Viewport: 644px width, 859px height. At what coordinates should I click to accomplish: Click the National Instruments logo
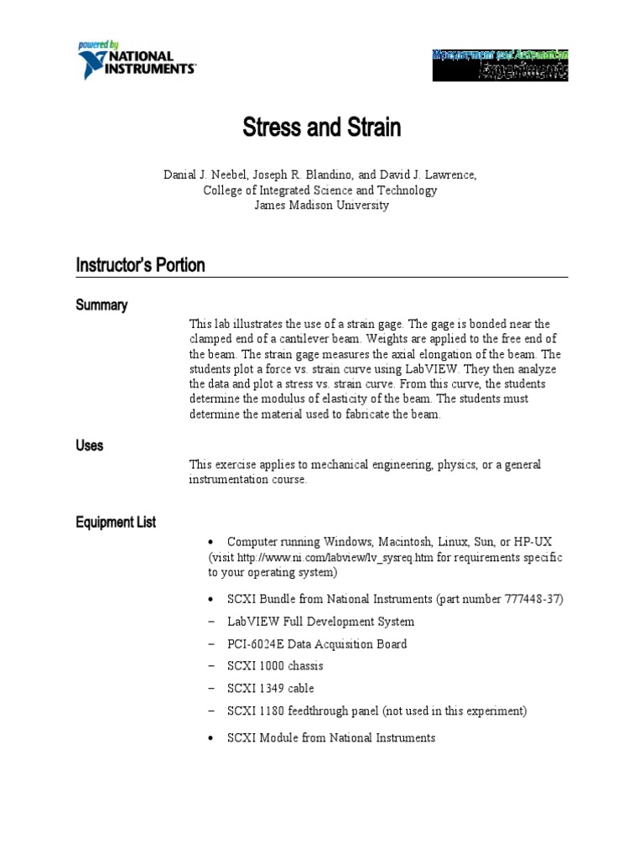point(136,60)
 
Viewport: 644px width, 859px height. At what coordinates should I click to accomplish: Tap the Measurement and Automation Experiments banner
point(500,64)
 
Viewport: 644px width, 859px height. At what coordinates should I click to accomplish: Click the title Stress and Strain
point(322,128)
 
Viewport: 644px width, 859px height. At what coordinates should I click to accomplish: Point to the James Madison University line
point(321,206)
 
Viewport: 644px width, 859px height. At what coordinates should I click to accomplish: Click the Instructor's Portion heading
point(140,266)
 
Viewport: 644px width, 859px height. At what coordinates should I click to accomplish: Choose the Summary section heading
point(101,305)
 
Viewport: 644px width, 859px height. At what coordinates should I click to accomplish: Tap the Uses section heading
point(90,445)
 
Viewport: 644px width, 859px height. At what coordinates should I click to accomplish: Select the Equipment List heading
point(116,523)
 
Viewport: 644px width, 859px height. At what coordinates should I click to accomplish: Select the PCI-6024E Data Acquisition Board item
point(317,644)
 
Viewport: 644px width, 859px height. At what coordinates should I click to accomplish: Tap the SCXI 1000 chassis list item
point(275,666)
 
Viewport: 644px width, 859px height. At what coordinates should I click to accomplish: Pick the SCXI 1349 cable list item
point(270,689)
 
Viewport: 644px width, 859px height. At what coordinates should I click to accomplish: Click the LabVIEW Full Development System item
point(320,622)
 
